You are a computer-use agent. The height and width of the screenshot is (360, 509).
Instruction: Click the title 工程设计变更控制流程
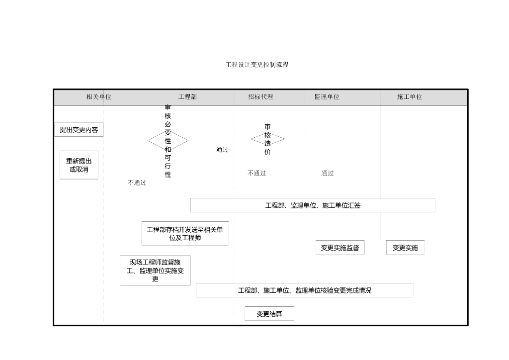257,65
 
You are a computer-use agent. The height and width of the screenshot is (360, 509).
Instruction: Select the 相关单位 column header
99,97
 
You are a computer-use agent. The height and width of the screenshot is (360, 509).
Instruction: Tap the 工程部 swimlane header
187,97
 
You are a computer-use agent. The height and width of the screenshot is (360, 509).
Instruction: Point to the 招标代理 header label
260,97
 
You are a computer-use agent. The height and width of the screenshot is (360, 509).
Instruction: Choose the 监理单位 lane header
327,97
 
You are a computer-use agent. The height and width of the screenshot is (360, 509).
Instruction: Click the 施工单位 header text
410,97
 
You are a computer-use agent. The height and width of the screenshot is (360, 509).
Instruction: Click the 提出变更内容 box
79,130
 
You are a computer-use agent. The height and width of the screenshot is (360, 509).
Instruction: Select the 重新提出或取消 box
79,165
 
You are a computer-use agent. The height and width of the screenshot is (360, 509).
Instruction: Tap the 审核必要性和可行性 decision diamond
168,141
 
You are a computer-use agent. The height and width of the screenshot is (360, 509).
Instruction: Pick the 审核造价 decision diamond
267,139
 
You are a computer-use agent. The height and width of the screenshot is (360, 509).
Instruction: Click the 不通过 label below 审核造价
256,174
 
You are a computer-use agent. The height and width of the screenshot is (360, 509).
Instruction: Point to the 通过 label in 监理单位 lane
327,174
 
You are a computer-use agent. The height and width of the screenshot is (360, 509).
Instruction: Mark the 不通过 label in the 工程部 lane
137,183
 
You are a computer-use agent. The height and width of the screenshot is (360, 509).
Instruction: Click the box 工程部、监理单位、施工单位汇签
313,205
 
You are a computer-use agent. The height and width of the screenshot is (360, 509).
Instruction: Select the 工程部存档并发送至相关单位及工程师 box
185,233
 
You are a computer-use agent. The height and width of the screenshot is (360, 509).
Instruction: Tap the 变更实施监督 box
340,248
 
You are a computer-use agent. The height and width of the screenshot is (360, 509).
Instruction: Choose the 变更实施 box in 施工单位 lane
405,248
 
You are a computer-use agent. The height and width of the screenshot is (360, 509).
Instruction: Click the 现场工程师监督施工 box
155,270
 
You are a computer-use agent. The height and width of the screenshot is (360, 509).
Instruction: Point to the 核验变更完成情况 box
305,290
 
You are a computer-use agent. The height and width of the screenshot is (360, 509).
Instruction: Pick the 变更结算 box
269,314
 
